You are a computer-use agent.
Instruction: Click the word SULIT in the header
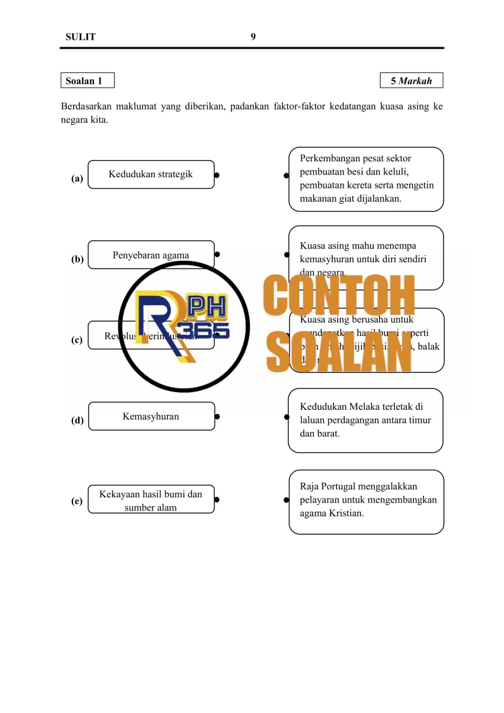point(81,37)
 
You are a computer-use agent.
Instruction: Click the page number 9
point(253,37)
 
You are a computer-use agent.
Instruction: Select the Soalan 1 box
point(88,81)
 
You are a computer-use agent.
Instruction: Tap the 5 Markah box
point(411,81)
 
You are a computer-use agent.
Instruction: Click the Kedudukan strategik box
point(151,174)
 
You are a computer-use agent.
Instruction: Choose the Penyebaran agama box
point(151,255)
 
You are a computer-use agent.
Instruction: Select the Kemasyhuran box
point(151,416)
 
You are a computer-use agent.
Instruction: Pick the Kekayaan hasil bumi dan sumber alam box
point(151,500)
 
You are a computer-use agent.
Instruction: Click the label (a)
point(77,178)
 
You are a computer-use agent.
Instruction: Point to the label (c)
point(77,340)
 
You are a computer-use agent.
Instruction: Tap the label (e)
point(77,501)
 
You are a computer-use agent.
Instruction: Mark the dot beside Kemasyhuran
point(217,416)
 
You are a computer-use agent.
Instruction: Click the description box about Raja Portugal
point(366,502)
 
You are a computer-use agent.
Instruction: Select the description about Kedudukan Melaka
point(365,420)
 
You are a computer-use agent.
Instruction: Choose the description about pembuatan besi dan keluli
point(366,179)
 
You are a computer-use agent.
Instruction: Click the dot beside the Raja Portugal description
point(286,500)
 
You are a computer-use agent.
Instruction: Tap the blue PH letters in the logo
point(202,307)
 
